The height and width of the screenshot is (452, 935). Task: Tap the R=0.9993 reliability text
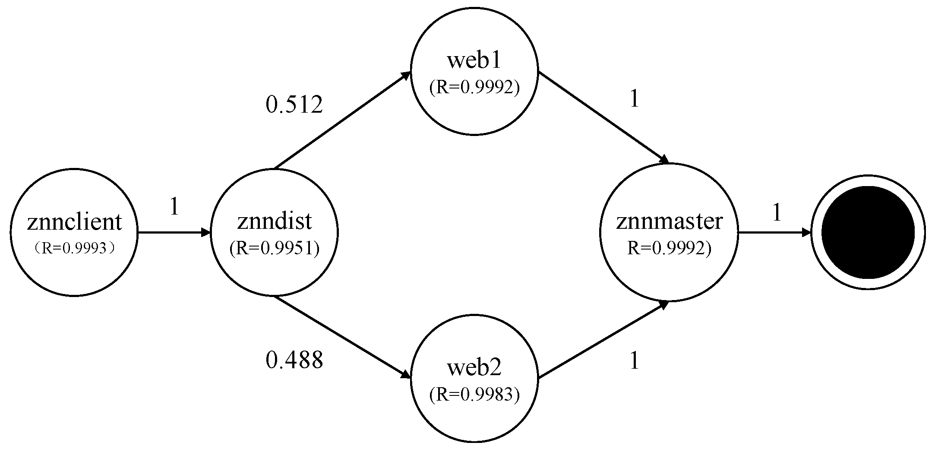click(74, 248)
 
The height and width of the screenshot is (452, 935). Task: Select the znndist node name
click(275, 221)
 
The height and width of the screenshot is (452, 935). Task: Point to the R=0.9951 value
click(275, 249)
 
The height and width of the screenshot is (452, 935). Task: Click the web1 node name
click(474, 60)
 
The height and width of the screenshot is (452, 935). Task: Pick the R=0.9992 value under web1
click(474, 87)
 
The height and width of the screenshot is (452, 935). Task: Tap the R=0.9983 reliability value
click(474, 395)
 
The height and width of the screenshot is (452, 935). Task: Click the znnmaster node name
click(669, 221)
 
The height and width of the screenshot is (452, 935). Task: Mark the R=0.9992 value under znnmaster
click(669, 248)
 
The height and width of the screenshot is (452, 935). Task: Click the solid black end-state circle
click(868, 233)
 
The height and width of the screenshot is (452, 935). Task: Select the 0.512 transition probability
click(294, 105)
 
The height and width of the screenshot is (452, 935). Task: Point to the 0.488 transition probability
click(294, 360)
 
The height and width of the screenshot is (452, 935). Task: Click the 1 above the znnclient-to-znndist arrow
click(174, 207)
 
